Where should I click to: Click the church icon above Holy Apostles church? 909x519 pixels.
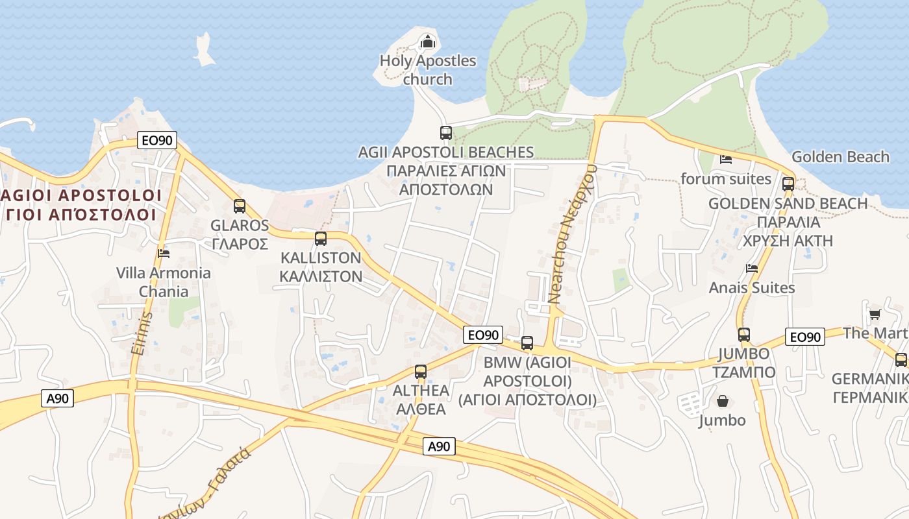pyautogui.click(x=428, y=42)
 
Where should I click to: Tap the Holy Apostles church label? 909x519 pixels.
pyautogui.click(x=428, y=70)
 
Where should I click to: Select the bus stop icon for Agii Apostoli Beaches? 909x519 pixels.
pyautogui.click(x=446, y=133)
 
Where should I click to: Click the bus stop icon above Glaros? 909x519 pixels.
pyautogui.click(x=240, y=206)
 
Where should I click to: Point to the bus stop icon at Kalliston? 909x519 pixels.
pyautogui.click(x=321, y=239)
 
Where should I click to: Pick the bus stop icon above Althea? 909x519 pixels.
pyautogui.click(x=421, y=372)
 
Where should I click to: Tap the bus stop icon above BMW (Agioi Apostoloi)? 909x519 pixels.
pyautogui.click(x=527, y=343)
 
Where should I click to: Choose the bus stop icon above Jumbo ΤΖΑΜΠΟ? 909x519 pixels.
pyautogui.click(x=744, y=335)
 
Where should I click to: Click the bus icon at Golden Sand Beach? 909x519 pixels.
pyautogui.click(x=788, y=184)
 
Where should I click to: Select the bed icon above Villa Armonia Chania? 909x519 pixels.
pyautogui.click(x=164, y=253)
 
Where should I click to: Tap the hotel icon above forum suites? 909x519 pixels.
pyautogui.click(x=726, y=160)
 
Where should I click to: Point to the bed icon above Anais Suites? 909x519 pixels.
pyautogui.click(x=752, y=268)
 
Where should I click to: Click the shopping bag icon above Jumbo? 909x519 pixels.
pyautogui.click(x=722, y=401)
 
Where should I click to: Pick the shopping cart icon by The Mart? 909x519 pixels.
pyautogui.click(x=875, y=315)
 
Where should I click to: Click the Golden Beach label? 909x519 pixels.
pyautogui.click(x=840, y=157)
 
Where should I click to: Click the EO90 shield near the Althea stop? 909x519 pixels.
pyautogui.click(x=484, y=335)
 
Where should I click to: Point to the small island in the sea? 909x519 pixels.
pyautogui.click(x=204, y=51)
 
